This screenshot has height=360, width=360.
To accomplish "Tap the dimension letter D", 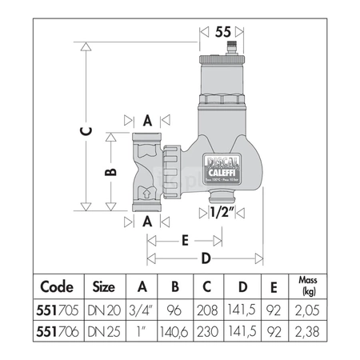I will click(206, 258).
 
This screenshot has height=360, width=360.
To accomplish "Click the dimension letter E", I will click(185, 238).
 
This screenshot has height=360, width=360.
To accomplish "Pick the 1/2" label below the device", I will click(220, 212).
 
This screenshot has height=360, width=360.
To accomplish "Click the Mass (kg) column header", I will click(306, 286).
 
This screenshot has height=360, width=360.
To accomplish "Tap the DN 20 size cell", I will click(104, 308).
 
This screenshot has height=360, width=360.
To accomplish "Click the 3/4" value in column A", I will click(142, 308).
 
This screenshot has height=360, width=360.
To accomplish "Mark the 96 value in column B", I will click(175, 308).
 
